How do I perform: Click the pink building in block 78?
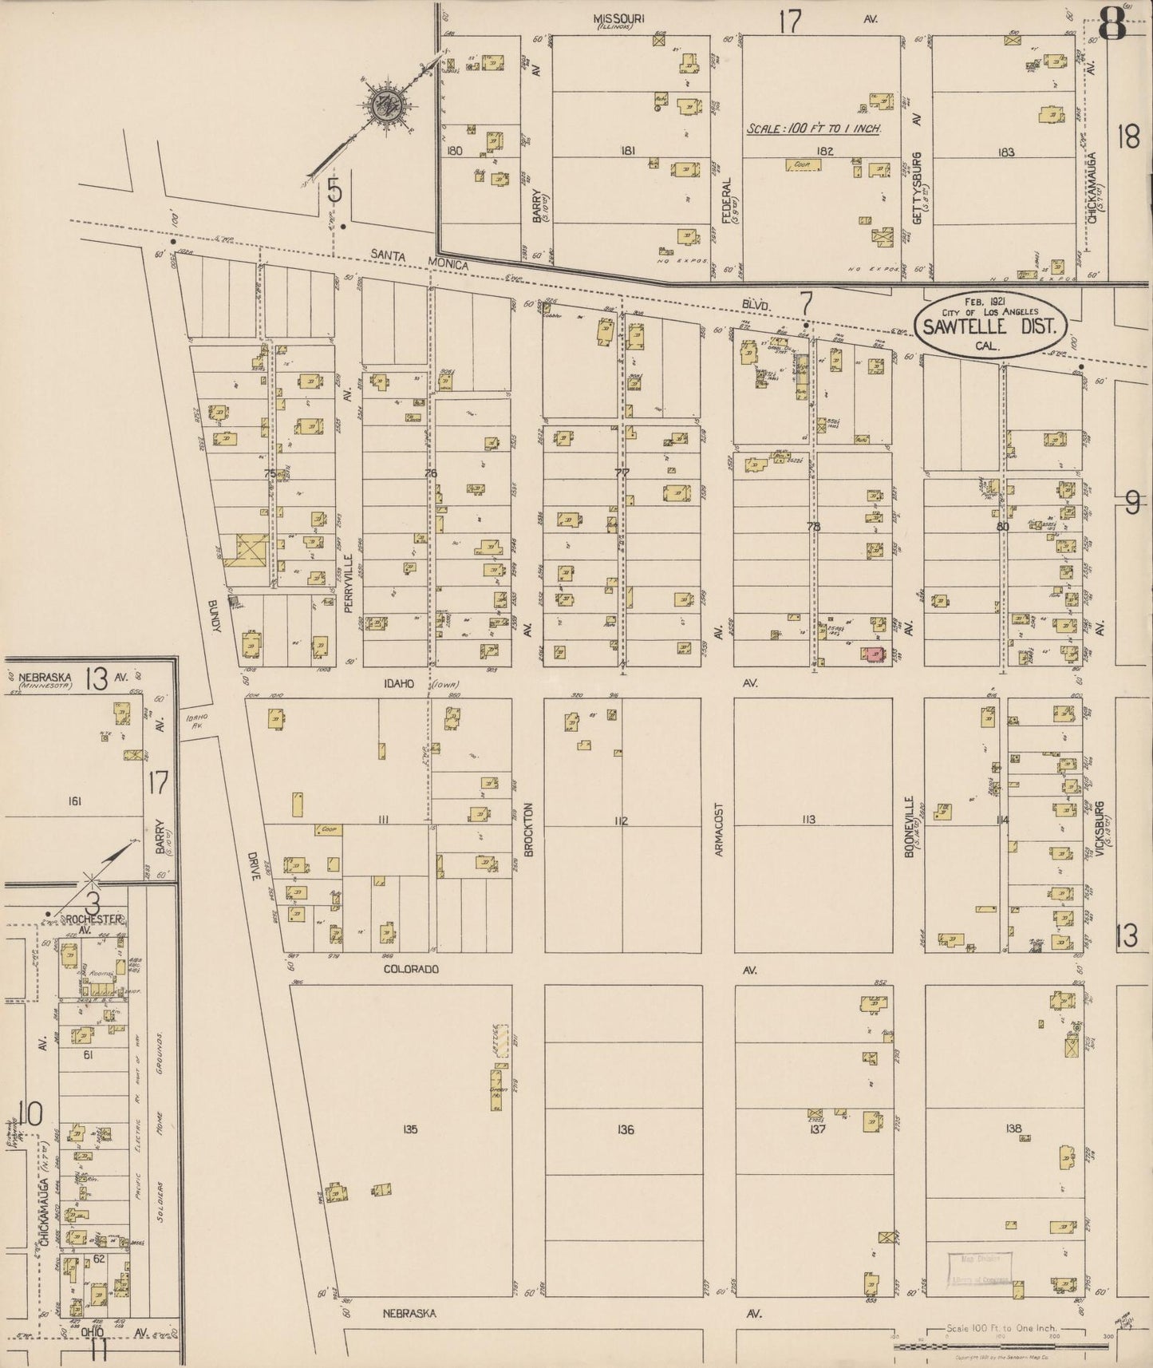(874, 654)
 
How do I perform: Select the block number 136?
(626, 1129)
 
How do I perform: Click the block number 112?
(622, 821)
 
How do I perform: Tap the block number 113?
(809, 820)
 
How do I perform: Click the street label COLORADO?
(411, 969)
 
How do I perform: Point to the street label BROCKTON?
(528, 830)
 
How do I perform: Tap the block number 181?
(627, 150)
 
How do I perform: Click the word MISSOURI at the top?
(619, 18)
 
